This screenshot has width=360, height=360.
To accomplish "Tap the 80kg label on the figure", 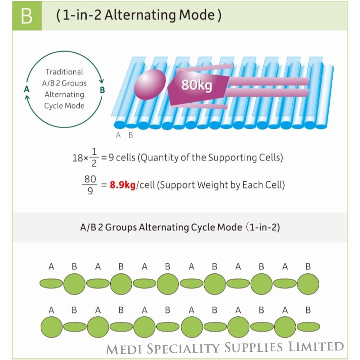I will pyautogui.click(x=196, y=85).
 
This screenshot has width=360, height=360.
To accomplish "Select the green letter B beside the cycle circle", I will pyautogui.click(x=102, y=90).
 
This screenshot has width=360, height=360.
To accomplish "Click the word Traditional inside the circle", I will pyautogui.click(x=64, y=72).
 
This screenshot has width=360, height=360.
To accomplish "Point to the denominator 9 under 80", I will pyautogui.click(x=90, y=191).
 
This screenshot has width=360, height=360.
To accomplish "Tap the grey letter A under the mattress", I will pyautogui.click(x=118, y=135).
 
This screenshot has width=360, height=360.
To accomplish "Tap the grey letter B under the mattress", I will pyautogui.click(x=131, y=135).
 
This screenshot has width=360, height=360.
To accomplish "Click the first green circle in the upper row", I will pyautogui.click(x=75, y=284).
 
